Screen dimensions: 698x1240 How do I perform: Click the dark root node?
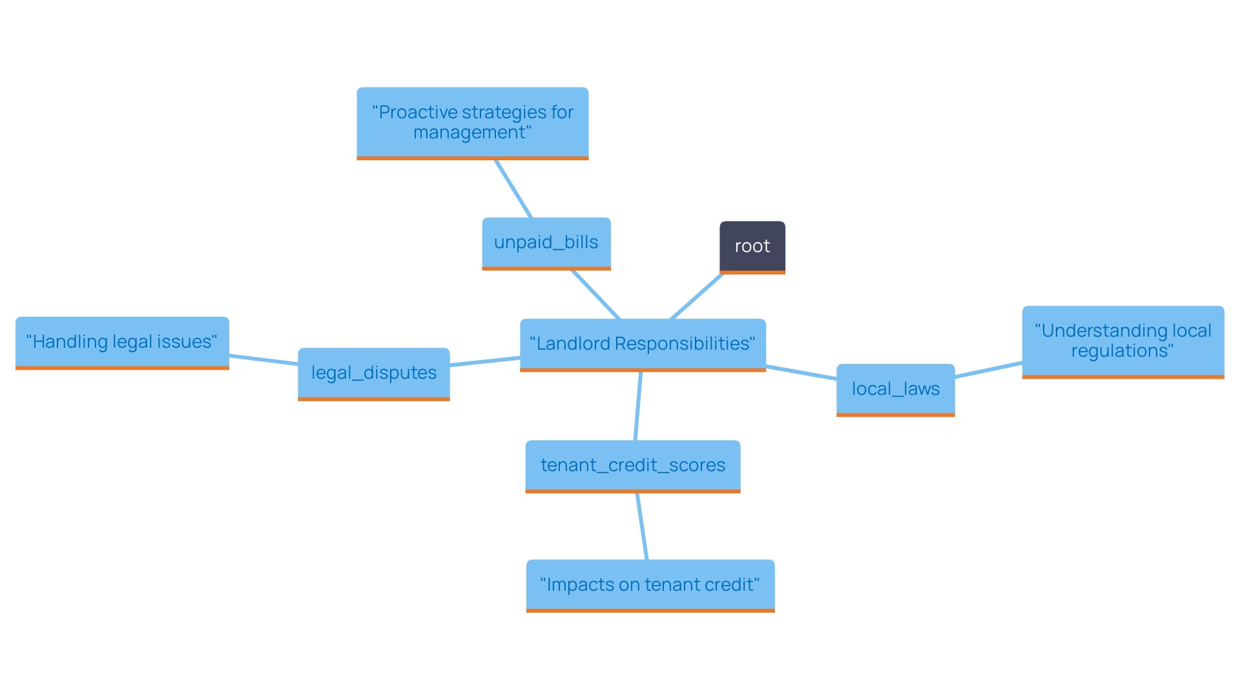click(752, 246)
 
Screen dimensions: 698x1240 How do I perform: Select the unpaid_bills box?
click(546, 242)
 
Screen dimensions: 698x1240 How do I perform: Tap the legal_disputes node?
click(373, 373)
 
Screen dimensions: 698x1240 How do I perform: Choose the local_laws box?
click(895, 389)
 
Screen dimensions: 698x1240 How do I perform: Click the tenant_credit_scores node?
click(632, 465)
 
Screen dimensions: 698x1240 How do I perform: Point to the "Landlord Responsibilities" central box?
click(643, 344)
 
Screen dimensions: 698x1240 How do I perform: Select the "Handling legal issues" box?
click(122, 342)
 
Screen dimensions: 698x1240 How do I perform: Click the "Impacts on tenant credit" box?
click(650, 585)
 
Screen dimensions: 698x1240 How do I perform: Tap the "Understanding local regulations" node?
click(1122, 341)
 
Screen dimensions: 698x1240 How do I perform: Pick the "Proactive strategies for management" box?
click(472, 122)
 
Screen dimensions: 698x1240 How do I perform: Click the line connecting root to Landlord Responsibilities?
click(696, 297)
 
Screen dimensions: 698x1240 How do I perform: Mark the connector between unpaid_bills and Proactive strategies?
click(513, 189)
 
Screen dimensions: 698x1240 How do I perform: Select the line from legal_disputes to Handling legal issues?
click(263, 360)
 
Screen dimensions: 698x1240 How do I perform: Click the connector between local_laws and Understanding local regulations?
click(988, 370)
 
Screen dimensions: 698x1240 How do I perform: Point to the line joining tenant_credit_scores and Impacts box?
click(642, 527)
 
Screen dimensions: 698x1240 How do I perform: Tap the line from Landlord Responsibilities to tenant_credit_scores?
click(638, 406)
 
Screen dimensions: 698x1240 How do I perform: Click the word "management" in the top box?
click(471, 133)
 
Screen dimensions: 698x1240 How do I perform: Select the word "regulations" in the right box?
click(1121, 352)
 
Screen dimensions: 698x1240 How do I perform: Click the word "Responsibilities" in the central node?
click(685, 344)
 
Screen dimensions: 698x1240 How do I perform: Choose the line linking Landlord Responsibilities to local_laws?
click(801, 372)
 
